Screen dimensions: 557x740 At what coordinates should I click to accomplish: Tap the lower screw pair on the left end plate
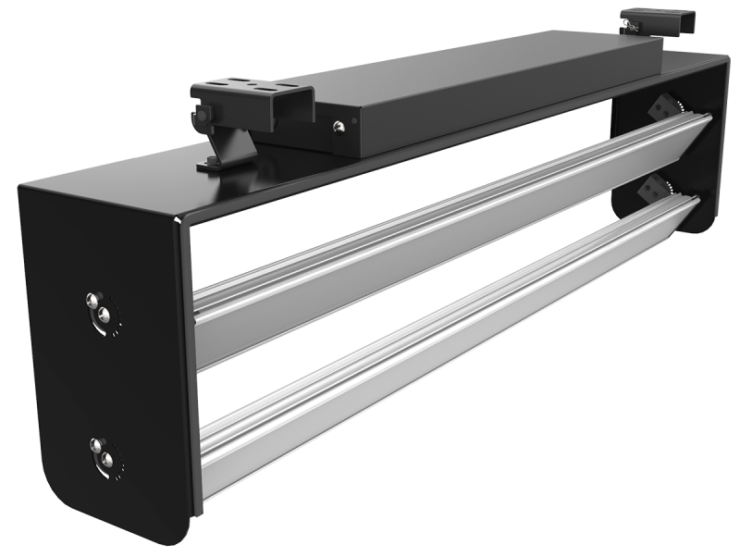tap(101, 454)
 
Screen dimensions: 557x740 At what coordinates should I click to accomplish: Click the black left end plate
tap(102, 370)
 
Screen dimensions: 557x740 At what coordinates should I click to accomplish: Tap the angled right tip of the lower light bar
tap(696, 208)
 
